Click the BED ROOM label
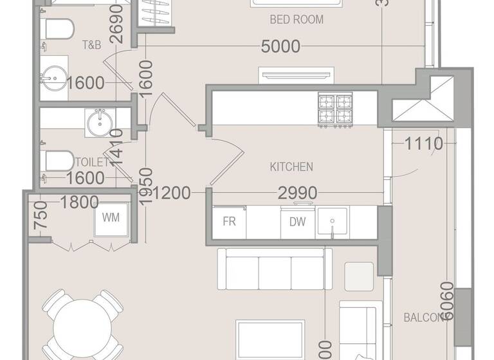click(x=296, y=20)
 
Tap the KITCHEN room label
click(x=291, y=167)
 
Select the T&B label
click(x=92, y=46)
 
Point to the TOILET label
click(x=92, y=162)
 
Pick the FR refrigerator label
click(x=229, y=222)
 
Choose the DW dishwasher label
click(x=297, y=222)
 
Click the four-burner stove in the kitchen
click(x=335, y=109)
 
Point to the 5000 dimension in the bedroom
click(x=280, y=46)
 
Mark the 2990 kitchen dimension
click(x=297, y=192)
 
